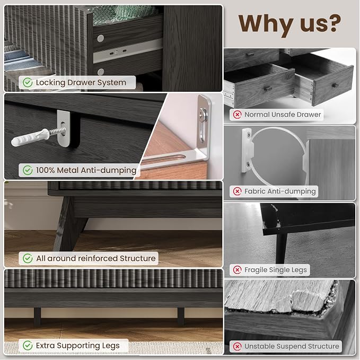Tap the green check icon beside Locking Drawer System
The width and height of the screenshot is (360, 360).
coord(28,82)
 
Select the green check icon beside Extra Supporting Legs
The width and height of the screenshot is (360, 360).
coord(28,345)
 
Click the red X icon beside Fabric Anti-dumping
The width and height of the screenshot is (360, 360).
coord(237,191)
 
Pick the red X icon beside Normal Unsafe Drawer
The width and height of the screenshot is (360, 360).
coord(237,115)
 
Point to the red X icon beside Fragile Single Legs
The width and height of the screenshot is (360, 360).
coord(237,270)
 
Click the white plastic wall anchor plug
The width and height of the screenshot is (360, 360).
coord(30,137)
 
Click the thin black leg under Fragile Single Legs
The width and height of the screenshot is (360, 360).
coord(281,249)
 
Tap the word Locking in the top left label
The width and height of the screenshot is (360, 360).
coord(50,83)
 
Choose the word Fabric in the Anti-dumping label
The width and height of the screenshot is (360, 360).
coord(254,191)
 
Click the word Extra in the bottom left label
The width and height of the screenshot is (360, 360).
coord(45,345)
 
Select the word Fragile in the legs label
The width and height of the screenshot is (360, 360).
coord(256,270)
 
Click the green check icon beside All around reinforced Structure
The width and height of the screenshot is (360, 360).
coord(28,258)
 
